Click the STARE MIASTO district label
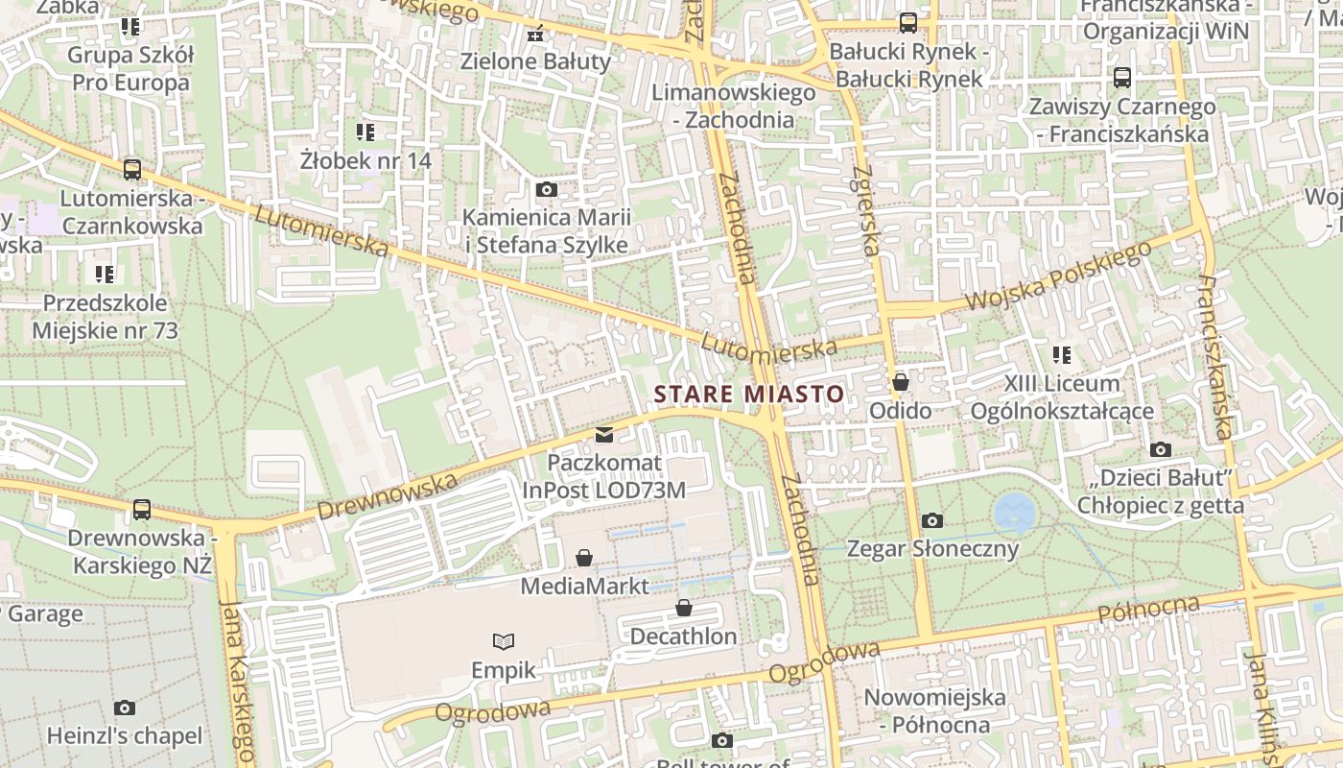point(748,394)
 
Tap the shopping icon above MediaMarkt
point(583,558)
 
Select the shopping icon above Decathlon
point(684,608)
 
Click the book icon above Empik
point(504,641)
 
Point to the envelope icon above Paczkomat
point(603,435)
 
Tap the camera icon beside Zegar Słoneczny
point(931,520)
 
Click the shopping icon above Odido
point(900,382)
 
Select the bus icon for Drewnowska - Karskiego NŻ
point(142,510)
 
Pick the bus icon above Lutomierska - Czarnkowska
point(132,170)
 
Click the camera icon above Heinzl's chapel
point(125,708)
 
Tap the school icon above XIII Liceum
point(1061,355)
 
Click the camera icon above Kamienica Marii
point(546,189)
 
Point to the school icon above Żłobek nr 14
point(365,132)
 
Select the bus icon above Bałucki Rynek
point(907,22)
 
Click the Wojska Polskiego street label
point(1057,276)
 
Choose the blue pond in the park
point(1013,514)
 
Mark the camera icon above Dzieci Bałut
point(1160,449)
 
